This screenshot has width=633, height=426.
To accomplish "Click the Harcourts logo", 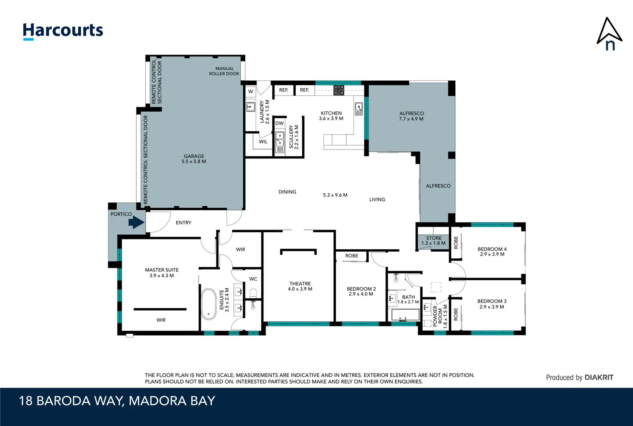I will point(63,31).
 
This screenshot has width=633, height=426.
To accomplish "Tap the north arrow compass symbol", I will point(609,34).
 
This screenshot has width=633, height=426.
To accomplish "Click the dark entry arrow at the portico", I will point(136,222).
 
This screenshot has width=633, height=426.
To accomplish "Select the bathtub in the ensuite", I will point(208,304).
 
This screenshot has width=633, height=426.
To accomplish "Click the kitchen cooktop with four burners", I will point(338,90).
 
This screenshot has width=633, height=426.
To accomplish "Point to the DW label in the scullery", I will point(280,123).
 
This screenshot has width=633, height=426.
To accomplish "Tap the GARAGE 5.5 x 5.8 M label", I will point(194,159).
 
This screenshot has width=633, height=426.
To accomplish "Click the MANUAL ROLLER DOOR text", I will point(224,71).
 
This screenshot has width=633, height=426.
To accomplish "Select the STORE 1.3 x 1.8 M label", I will point(433,241).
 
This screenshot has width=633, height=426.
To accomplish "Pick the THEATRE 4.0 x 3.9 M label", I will point(300,286).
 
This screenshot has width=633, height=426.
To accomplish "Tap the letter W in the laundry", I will point(251,92).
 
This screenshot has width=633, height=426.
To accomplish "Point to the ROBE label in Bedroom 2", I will point(351,256).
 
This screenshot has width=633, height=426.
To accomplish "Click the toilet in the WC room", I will point(253,293).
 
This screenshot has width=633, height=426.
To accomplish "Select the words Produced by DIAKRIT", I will point(579,377).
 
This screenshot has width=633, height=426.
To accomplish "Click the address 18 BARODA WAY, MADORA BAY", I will point(117,401).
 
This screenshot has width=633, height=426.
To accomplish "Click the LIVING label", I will point(377,200).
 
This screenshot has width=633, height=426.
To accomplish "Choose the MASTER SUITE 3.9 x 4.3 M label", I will point(162,273).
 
